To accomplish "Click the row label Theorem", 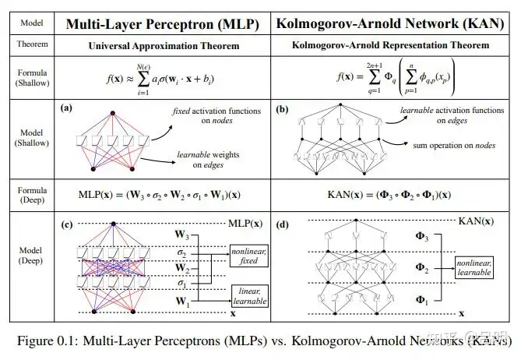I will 32,45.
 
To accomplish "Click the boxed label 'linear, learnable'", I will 248,293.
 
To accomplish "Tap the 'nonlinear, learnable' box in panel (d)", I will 475,267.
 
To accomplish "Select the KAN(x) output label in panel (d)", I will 476,222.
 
